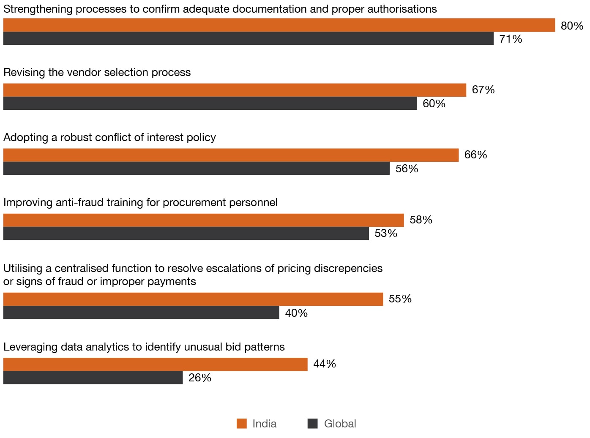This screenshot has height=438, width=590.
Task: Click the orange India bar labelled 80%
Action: (x=279, y=25)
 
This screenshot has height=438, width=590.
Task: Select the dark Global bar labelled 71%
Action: (x=248, y=38)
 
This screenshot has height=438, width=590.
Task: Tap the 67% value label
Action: (x=483, y=90)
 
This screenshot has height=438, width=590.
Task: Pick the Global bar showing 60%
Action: (x=210, y=103)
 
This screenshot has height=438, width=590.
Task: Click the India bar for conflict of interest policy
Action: (x=231, y=155)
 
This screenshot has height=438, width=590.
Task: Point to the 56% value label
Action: (x=407, y=169)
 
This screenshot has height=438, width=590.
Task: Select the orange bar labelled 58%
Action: (x=203, y=220)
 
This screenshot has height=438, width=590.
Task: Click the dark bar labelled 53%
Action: (x=186, y=234)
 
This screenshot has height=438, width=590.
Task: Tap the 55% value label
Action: (x=400, y=299)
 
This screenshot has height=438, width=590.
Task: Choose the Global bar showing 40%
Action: (x=141, y=313)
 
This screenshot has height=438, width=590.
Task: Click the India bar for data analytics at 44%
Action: (x=155, y=364)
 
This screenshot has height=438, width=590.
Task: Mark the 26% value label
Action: (x=199, y=378)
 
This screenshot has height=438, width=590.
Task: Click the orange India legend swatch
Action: (x=241, y=424)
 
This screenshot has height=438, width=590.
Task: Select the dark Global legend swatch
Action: (x=312, y=424)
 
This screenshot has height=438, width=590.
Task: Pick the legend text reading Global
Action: (x=340, y=424)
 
